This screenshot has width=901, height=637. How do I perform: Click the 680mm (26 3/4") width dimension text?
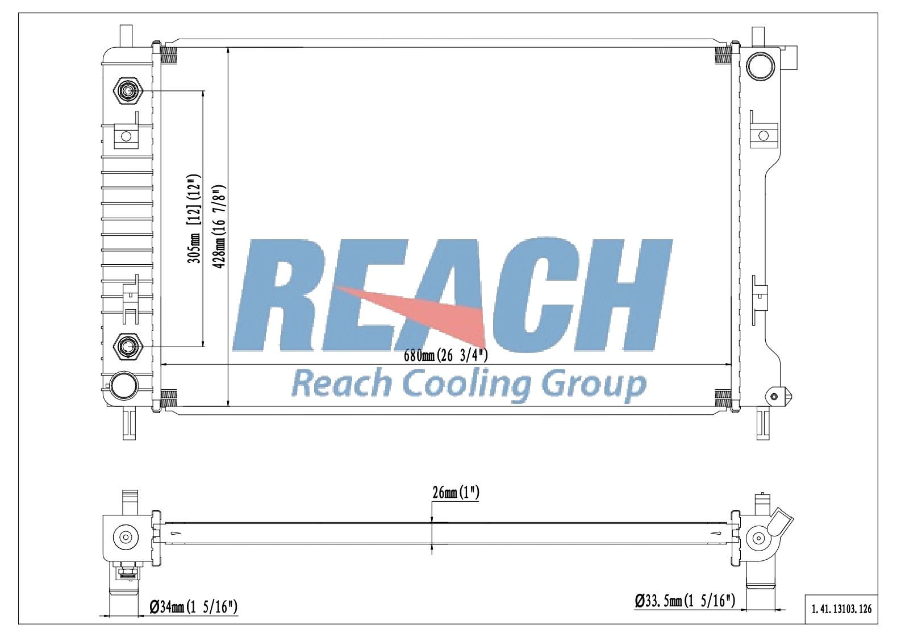pos(445,356)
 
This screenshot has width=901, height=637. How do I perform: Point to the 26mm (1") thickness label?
pos(456,493)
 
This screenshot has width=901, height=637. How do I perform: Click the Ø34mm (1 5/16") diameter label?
pos(193,607)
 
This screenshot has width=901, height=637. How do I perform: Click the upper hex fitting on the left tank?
pos(128,90)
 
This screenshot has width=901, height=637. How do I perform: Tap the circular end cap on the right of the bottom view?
pos(757,537)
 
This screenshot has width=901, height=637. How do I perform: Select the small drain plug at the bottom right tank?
pos(775,395)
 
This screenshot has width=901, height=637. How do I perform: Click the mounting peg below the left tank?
pos(130,423)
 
